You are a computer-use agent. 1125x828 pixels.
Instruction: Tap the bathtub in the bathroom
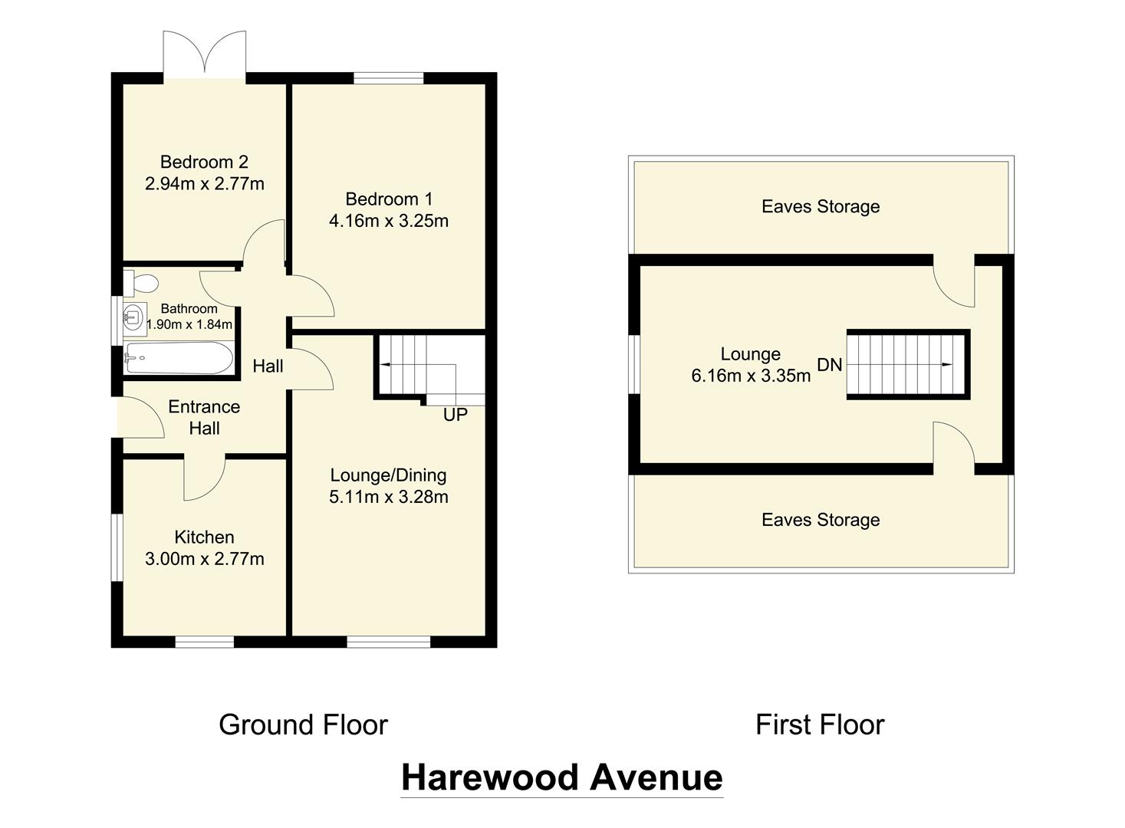click(179, 357)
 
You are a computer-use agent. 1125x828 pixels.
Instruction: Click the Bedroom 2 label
click(204, 162)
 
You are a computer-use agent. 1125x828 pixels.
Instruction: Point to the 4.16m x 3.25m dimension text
click(389, 221)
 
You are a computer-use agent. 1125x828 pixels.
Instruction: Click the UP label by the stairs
click(455, 415)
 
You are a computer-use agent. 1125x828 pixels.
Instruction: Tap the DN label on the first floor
click(830, 365)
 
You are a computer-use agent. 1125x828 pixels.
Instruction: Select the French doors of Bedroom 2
click(205, 55)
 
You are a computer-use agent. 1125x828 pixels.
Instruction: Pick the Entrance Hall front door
click(140, 419)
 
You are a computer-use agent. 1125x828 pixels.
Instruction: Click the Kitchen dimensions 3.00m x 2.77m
click(204, 559)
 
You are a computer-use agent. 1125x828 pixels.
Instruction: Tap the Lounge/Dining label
click(388, 475)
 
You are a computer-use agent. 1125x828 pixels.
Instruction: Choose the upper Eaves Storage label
click(821, 206)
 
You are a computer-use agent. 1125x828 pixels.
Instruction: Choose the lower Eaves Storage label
click(821, 520)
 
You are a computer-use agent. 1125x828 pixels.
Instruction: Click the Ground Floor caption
click(303, 724)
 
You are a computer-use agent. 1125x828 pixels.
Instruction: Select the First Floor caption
click(820, 724)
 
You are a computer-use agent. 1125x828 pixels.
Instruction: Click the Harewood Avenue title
click(561, 777)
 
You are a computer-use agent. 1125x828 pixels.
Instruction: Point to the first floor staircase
click(907, 365)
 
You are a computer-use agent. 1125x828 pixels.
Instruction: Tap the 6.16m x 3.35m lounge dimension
click(751, 376)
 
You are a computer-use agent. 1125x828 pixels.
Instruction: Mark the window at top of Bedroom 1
click(389, 77)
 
